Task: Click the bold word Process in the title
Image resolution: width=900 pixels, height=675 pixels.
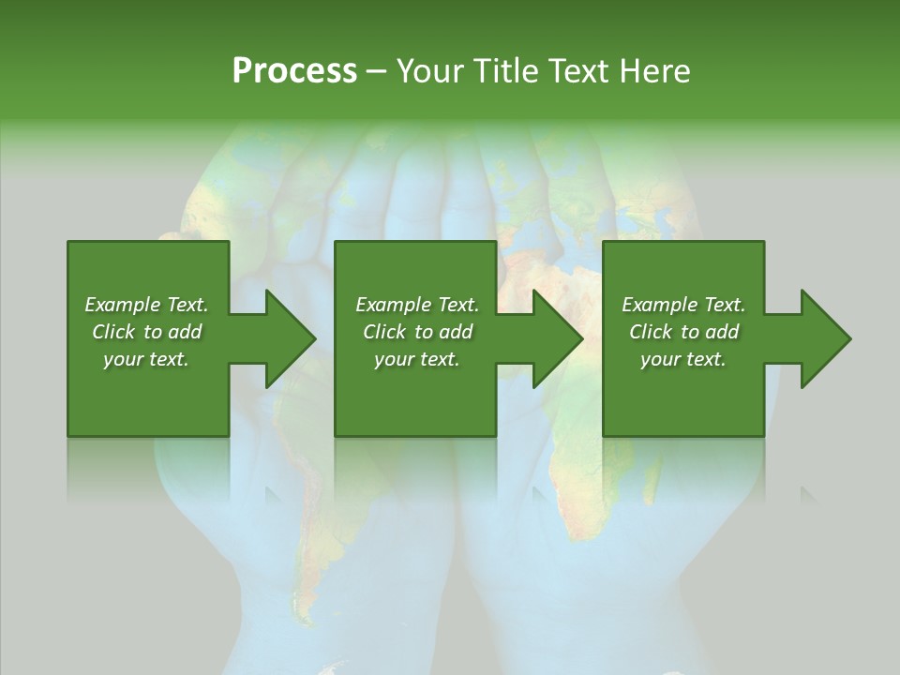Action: tap(294, 71)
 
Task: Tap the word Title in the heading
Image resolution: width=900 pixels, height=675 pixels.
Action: tap(501, 71)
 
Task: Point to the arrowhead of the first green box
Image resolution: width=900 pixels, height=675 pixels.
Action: tap(292, 338)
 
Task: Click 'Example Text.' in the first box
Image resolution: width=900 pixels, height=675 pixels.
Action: tap(146, 305)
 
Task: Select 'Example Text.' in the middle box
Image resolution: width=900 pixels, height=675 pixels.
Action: tap(417, 305)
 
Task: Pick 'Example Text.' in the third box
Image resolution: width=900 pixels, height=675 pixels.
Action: tap(683, 305)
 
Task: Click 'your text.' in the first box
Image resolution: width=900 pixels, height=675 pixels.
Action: tap(146, 359)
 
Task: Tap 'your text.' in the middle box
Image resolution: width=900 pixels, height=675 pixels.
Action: tap(417, 359)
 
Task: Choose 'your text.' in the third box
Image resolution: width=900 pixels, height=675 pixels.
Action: tap(683, 359)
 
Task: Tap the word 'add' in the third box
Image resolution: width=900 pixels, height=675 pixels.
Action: tap(722, 332)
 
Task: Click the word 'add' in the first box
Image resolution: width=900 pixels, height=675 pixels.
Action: tap(185, 332)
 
